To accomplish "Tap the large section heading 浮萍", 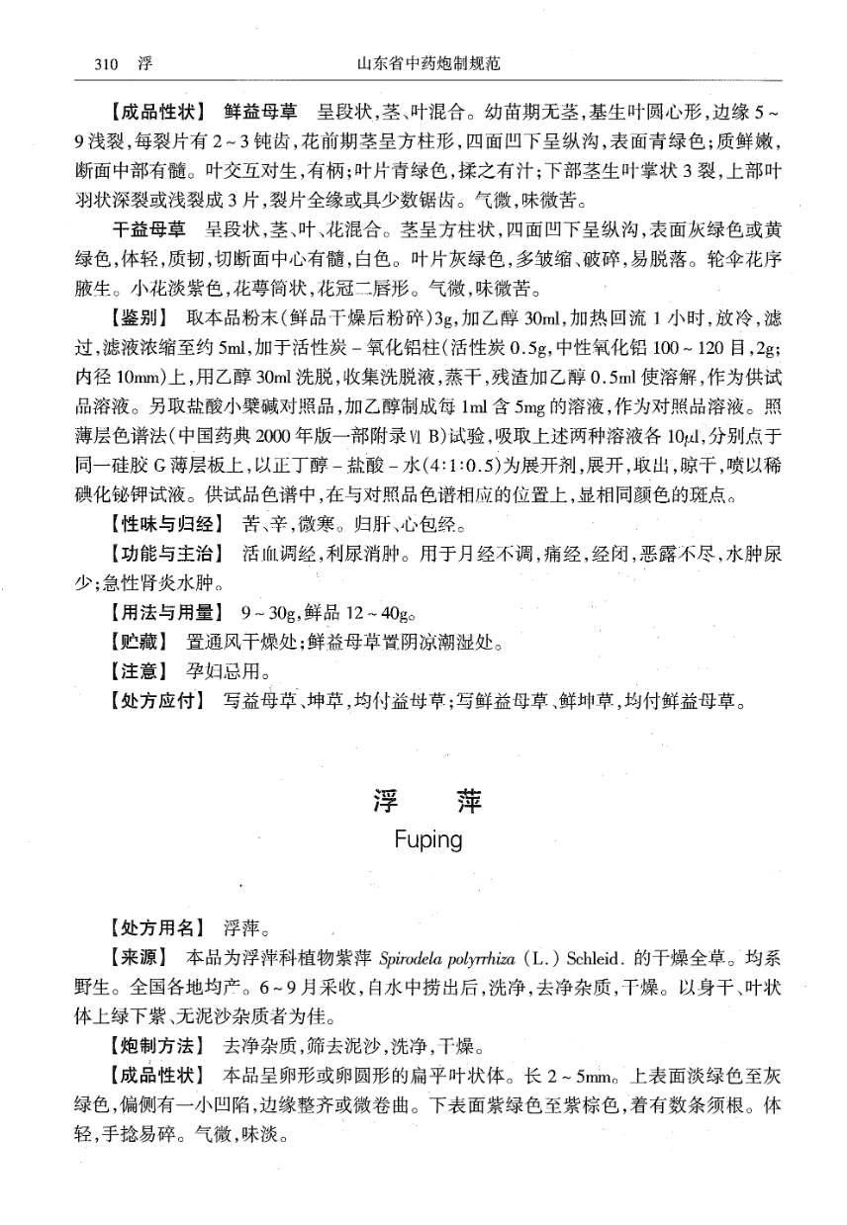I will [x=427, y=801].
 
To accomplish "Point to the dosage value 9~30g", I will [x=268, y=612].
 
